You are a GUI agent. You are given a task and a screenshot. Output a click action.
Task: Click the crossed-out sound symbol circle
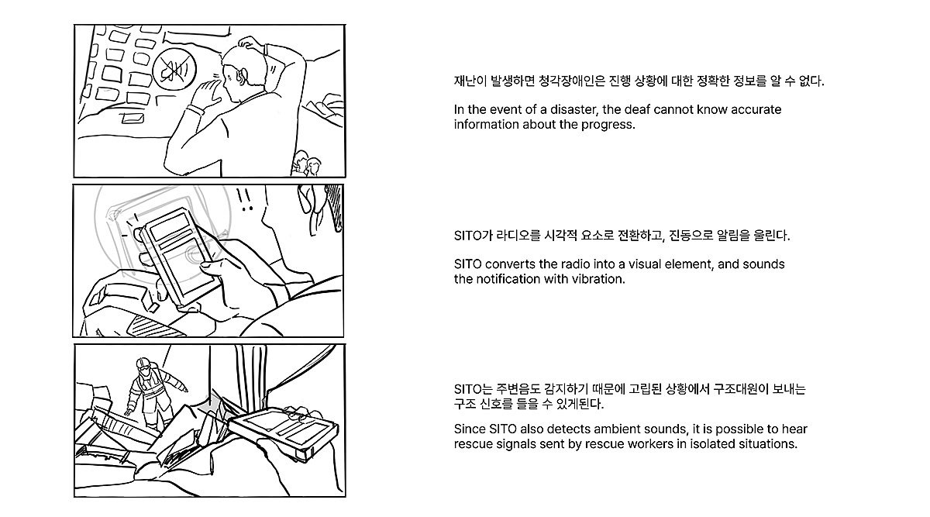[x=174, y=69]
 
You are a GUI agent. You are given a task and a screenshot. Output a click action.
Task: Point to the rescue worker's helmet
[x=143, y=364]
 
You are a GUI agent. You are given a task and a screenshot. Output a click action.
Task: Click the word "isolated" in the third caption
[x=712, y=444]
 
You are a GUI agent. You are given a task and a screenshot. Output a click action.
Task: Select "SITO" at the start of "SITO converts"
[x=467, y=264]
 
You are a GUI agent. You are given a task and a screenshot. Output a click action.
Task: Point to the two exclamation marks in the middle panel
[x=245, y=199]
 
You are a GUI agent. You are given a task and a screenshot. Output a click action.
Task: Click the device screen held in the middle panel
[x=179, y=254]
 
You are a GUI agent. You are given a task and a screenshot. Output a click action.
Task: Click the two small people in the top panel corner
[x=307, y=164]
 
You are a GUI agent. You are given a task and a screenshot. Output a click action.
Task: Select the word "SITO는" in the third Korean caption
[x=473, y=390]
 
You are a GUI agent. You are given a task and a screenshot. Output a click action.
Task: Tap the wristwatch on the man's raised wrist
[x=196, y=109]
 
